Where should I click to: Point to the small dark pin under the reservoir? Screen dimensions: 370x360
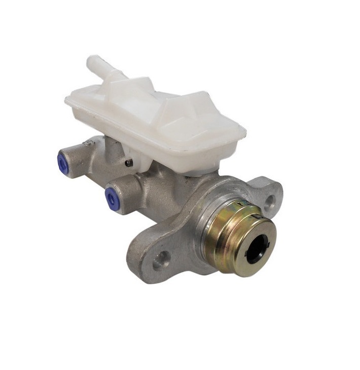click(x=129, y=163)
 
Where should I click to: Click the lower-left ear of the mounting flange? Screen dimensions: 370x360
click(x=152, y=259)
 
